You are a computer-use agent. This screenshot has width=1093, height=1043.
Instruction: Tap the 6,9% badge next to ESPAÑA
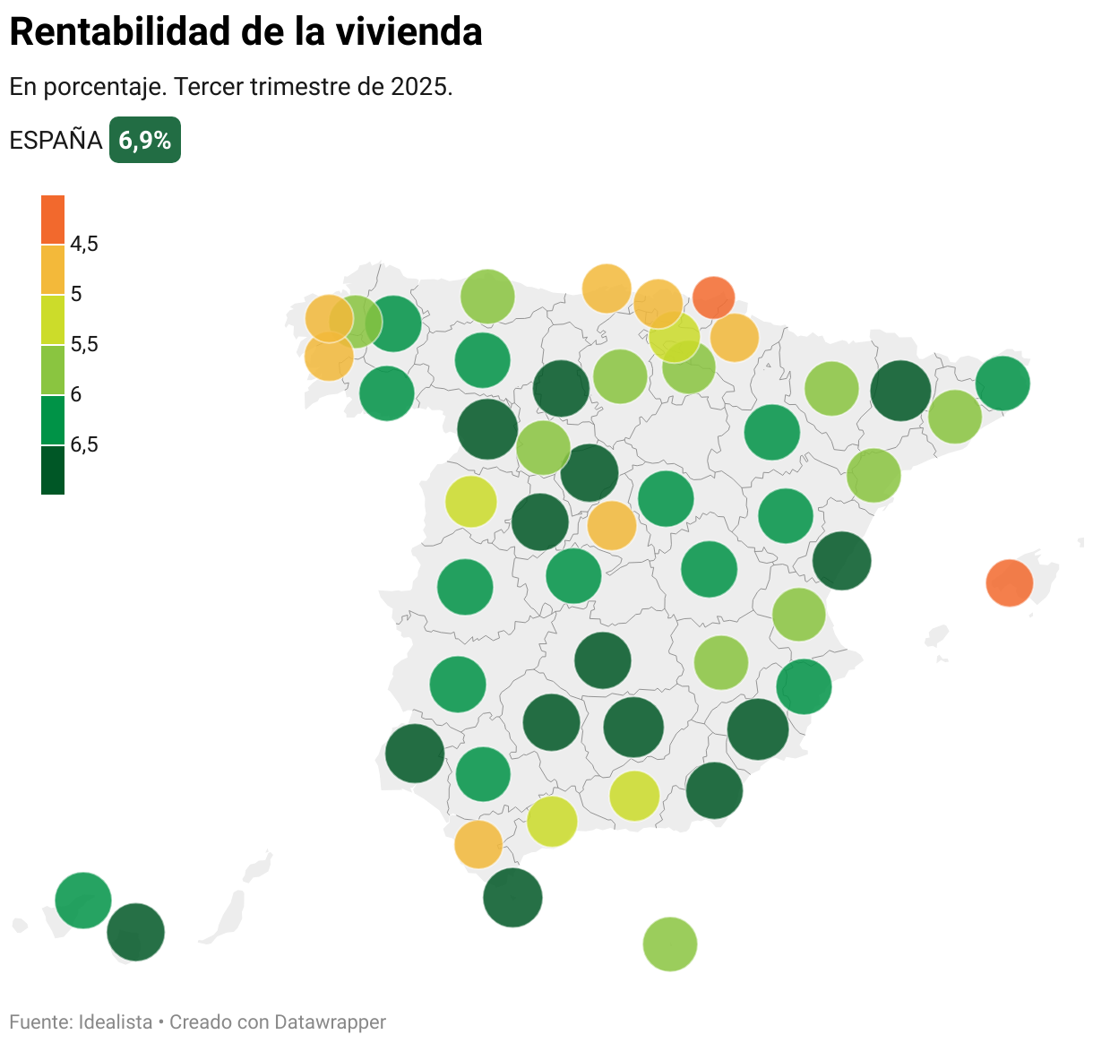pos(145,141)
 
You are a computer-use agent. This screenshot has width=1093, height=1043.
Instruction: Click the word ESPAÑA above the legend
pos(56,141)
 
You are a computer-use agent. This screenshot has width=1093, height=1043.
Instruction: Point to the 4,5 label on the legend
pos(84,244)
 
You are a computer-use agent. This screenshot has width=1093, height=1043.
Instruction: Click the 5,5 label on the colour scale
pos(84,344)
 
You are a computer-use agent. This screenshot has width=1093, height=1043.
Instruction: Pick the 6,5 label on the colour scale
pos(84,444)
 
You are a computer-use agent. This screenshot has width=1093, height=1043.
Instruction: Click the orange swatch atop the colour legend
pos(53,220)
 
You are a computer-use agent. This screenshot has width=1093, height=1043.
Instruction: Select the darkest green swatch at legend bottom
pos(53,470)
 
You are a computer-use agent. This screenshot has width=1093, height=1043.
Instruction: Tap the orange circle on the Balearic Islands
pos(1009,583)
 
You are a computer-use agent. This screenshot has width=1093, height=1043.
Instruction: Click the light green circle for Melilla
pos(669,944)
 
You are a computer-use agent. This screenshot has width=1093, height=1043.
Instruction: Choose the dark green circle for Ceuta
pos(512,897)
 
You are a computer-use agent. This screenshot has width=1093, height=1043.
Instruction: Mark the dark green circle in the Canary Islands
pos(136,932)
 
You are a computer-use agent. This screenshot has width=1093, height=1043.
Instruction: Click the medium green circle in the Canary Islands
pos(83,900)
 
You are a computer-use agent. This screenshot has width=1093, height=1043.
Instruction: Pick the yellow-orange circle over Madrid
pos(612,525)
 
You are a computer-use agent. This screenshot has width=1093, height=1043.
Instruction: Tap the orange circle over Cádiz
pos(478,844)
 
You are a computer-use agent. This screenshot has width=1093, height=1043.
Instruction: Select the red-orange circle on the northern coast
pos(714,297)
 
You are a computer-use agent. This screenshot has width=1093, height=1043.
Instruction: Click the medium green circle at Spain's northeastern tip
pos(1003,383)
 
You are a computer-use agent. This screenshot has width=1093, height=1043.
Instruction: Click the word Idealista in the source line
pos(116,1022)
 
